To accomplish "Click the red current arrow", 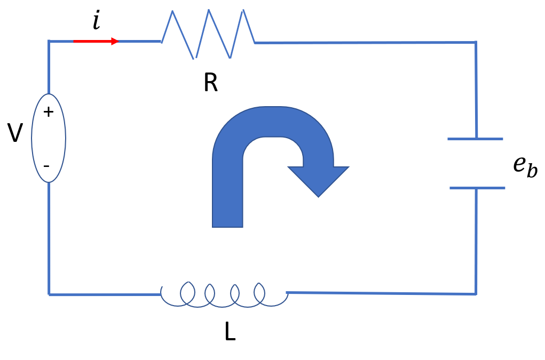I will [96, 41].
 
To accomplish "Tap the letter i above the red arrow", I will [96, 21].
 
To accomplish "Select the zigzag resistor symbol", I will [208, 34].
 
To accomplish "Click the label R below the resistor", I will [210, 83].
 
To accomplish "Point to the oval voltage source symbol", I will [49, 138].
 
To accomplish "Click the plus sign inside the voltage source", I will [49, 112].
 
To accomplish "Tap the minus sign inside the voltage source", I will [46, 166].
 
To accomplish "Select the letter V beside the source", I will [15, 133].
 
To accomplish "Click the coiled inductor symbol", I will [224, 294].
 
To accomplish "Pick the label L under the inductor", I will [230, 332].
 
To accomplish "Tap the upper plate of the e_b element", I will [475, 139].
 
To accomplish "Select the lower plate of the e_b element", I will [477, 188].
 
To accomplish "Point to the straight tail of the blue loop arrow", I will [227, 197].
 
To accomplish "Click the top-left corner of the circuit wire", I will [49, 41].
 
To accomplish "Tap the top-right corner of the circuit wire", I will [475, 42].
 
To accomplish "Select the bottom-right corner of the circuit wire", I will [475, 294].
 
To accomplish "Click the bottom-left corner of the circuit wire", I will [49, 294].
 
